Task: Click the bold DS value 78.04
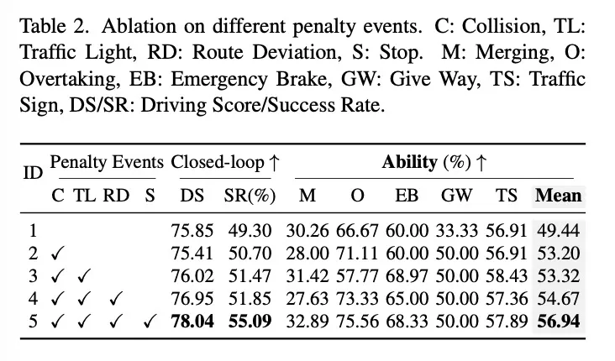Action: tap(192, 322)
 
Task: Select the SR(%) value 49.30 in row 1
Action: tap(250, 231)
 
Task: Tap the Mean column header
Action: tap(559, 196)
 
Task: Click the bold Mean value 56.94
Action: tap(559, 322)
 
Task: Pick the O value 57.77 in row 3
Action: tap(357, 276)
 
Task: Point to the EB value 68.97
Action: tap(407, 276)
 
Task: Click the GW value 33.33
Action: tap(456, 231)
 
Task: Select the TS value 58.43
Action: tap(507, 276)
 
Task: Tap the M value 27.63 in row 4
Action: tap(307, 299)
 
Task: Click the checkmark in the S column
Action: tap(150, 322)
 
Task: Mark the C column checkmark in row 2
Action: tap(57, 254)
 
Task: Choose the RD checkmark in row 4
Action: tap(116, 299)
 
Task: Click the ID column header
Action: tap(33, 172)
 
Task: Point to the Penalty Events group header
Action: tap(107, 162)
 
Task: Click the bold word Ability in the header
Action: tap(409, 162)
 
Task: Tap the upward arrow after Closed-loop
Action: tap(275, 163)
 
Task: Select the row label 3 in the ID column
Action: tap(33, 276)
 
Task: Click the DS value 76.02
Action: tap(192, 276)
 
